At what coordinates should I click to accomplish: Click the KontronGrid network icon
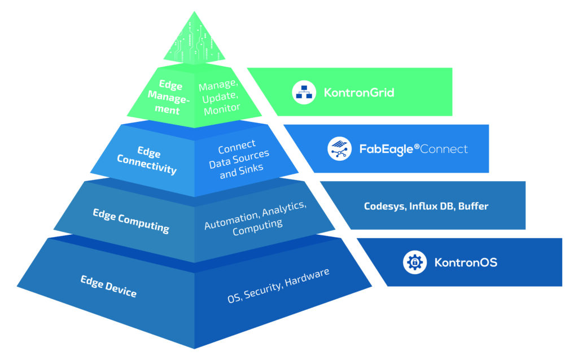[x=304, y=93]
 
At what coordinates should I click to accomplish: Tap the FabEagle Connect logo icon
[x=340, y=149]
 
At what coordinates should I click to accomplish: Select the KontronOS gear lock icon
[x=414, y=262]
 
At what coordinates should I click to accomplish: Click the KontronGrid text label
[x=359, y=93]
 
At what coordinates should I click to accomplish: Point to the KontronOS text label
[x=466, y=262]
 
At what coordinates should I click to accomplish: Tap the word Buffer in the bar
[x=473, y=206]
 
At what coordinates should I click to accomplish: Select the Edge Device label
[x=108, y=286]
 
